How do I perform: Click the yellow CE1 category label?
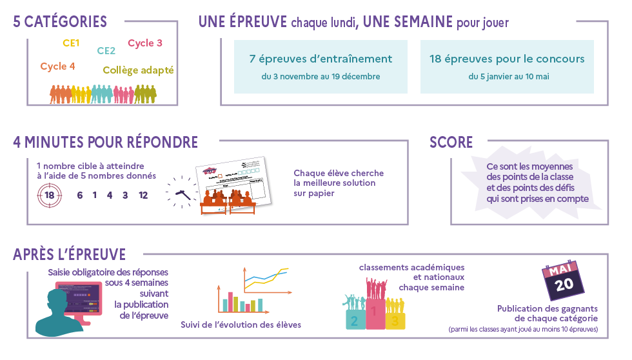click(x=71, y=43)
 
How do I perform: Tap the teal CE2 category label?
click(x=106, y=51)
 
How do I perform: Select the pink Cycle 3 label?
click(x=145, y=43)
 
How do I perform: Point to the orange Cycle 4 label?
click(x=57, y=66)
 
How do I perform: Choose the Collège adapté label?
click(x=138, y=70)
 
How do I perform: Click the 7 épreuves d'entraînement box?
click(x=321, y=66)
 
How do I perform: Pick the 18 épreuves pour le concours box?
click(x=507, y=66)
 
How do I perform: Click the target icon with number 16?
click(x=49, y=195)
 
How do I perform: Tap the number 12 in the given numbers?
click(x=143, y=195)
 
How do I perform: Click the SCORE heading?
click(x=451, y=143)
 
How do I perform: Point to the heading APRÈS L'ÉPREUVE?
click(x=69, y=254)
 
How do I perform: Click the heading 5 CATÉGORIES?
click(x=60, y=22)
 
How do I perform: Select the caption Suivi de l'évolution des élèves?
click(x=241, y=325)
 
